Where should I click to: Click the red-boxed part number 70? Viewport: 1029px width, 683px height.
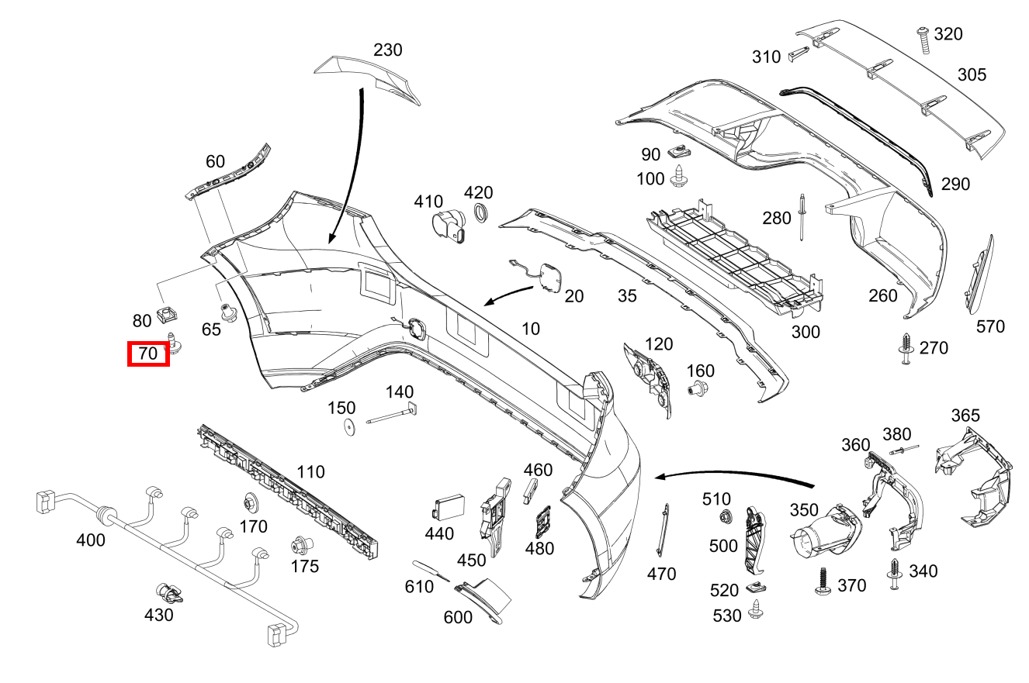click(x=148, y=354)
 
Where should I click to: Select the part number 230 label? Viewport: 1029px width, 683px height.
click(x=387, y=50)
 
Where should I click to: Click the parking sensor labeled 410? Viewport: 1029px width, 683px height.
click(x=448, y=226)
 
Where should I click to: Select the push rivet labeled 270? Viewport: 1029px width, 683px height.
click(x=905, y=348)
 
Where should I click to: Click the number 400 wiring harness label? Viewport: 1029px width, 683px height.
click(x=91, y=540)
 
